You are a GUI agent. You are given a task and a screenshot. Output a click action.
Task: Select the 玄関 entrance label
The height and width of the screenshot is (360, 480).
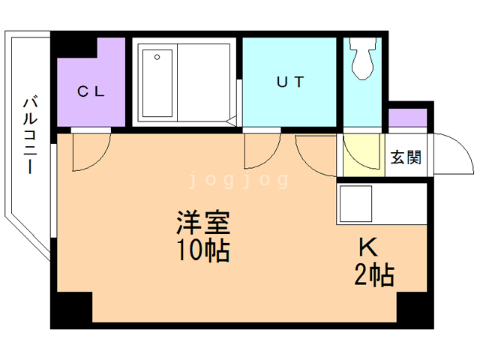point(405,157)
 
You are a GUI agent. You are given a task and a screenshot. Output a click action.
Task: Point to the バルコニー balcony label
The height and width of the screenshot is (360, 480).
point(30,135)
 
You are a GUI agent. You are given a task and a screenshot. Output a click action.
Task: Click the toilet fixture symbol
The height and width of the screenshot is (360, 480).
point(364,60)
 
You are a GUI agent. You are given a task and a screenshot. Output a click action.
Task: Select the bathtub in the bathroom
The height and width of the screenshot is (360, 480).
point(157,82)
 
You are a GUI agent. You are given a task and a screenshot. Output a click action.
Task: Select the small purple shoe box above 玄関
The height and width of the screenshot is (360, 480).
point(407,118)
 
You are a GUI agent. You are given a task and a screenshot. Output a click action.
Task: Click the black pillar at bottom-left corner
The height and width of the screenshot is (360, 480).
point(72,307)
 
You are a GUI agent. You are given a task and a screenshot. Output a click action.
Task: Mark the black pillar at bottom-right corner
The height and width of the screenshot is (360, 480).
point(415,307)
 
